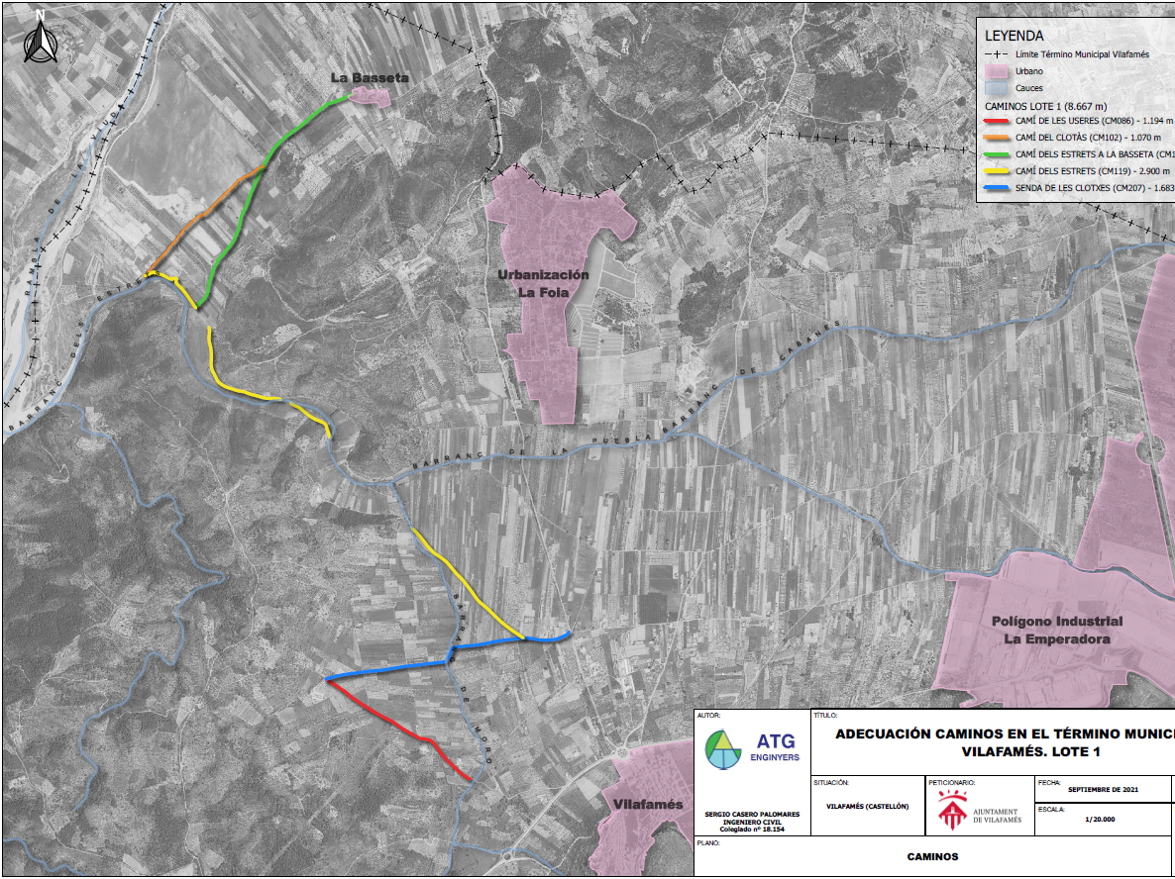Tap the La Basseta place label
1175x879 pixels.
pyautogui.click(x=369, y=77)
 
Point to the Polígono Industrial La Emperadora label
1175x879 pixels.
pyautogui.click(x=1057, y=630)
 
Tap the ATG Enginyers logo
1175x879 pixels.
pyautogui.click(x=751, y=748)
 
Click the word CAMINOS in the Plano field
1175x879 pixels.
pyautogui.click(x=932, y=857)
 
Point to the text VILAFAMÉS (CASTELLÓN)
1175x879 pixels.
pyautogui.click(x=867, y=806)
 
